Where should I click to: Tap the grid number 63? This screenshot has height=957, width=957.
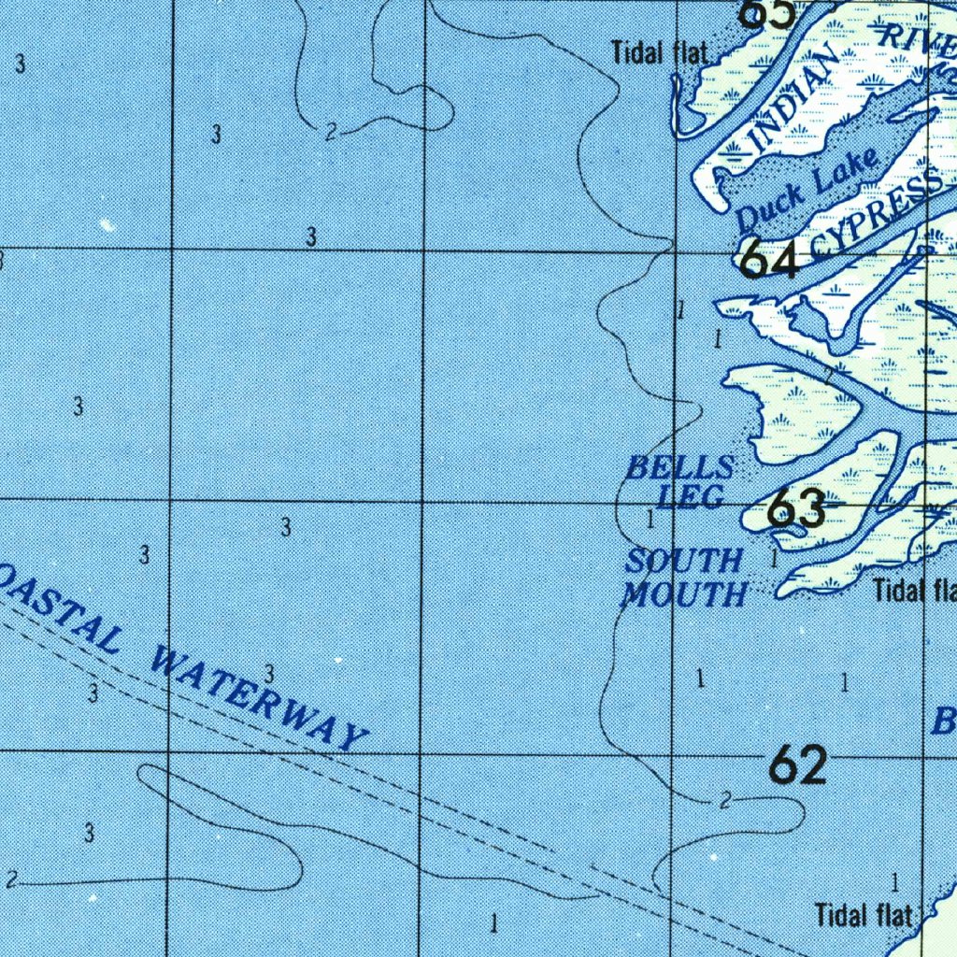point(796,510)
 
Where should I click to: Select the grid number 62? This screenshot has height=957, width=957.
point(797,766)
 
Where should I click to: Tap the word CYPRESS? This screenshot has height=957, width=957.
point(877,214)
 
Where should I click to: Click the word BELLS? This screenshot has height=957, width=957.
point(679,467)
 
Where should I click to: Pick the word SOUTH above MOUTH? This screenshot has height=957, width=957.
point(684,562)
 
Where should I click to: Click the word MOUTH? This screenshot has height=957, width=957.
point(685,593)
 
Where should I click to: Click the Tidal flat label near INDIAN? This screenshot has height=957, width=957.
point(661,53)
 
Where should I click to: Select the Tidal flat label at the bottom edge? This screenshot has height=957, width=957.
point(864,914)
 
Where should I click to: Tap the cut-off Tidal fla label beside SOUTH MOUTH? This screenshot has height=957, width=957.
point(914,591)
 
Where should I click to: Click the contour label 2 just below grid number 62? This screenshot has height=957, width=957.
point(725,801)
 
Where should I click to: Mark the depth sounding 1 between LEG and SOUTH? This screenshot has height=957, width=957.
point(650,518)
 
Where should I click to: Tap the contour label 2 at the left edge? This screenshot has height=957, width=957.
point(11,879)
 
